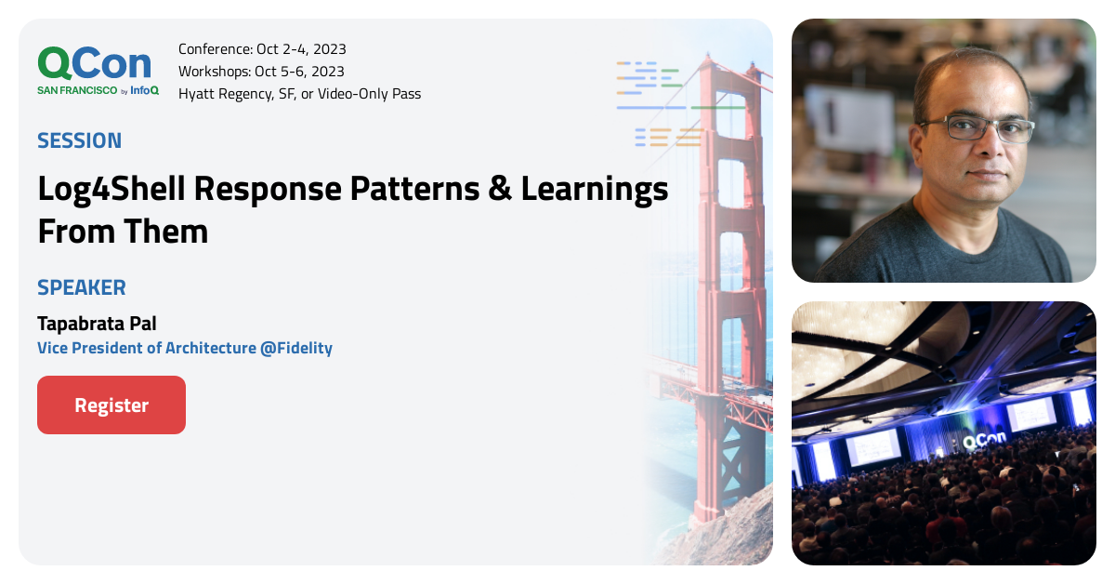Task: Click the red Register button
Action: tap(111, 405)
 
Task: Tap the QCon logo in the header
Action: tap(94, 63)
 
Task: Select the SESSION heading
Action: tap(79, 140)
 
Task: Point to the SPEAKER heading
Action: tap(81, 287)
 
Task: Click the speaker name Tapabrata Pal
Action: tap(97, 324)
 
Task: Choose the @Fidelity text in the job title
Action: tap(295, 348)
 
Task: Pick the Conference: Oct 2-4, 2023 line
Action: tap(262, 49)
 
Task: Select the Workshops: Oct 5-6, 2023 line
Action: tap(261, 72)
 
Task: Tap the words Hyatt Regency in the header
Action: tap(222, 94)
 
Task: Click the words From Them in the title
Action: tap(123, 232)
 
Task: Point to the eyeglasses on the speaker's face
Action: tap(977, 128)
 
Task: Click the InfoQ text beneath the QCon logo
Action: tap(144, 90)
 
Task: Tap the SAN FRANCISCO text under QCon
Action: tap(77, 90)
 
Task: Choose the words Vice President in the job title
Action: tap(90, 348)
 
